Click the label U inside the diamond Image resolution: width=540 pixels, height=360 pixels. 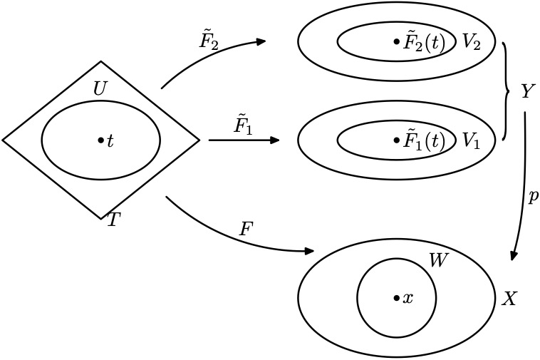[x=100, y=89]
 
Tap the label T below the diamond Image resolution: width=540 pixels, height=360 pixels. [x=113, y=220]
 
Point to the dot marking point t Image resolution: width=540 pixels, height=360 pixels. [x=100, y=141]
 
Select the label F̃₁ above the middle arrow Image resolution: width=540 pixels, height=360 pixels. [x=243, y=125]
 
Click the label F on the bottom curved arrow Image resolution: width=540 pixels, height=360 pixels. [x=246, y=229]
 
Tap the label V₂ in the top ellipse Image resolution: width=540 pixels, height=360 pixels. [x=471, y=42]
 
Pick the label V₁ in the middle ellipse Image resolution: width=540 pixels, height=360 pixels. [x=471, y=140]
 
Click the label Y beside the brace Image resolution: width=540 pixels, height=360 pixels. [x=528, y=92]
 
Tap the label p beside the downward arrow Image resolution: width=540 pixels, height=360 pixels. [x=533, y=197]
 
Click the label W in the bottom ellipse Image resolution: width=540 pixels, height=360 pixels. [x=438, y=261]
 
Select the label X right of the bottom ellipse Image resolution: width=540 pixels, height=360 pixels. [x=509, y=299]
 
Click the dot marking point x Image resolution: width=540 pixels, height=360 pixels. [x=396, y=299]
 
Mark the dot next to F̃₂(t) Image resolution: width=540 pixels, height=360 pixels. [x=396, y=43]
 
